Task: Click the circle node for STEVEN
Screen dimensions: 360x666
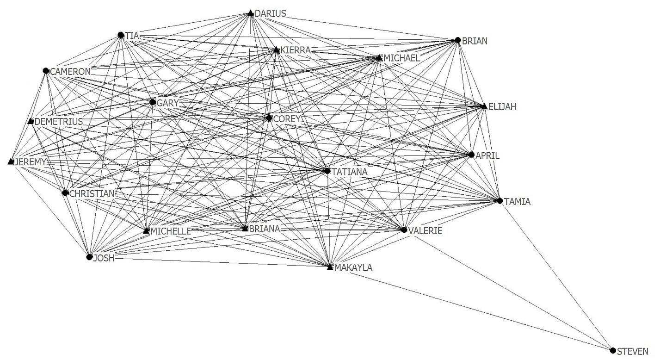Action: [613, 350]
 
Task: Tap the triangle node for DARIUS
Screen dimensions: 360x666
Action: [251, 13]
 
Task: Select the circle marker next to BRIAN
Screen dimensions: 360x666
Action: [458, 40]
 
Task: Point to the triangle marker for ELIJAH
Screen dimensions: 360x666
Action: [484, 106]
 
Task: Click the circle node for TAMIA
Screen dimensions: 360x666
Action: [499, 201]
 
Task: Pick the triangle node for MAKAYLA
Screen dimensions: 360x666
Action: [330, 267]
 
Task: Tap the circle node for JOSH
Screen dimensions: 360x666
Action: [89, 257]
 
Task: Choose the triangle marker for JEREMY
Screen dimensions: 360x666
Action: [11, 161]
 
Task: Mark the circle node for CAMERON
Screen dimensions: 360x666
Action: [46, 71]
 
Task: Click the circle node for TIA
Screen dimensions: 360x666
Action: [121, 35]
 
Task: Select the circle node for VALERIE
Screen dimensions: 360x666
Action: [404, 230]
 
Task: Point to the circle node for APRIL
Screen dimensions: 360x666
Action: [471, 155]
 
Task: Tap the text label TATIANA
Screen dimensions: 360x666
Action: [349, 172]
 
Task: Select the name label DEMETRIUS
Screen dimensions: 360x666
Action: [59, 122]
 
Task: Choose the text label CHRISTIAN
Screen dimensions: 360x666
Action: [92, 193]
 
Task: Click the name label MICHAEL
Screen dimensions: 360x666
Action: [401, 58]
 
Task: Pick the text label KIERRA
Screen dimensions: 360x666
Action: [296, 50]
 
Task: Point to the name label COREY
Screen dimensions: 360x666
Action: [287, 119]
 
